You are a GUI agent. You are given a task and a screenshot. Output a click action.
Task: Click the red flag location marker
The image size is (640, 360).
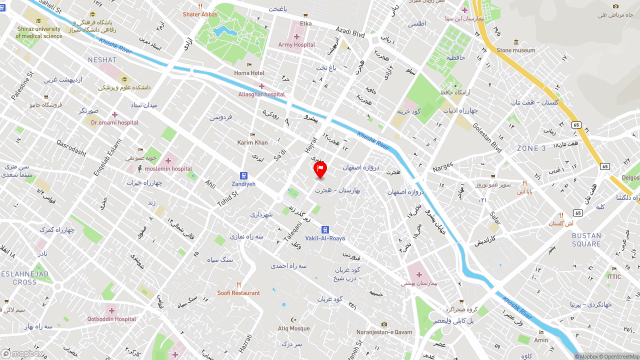320,169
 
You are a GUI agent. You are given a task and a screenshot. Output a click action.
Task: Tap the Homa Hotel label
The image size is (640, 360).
249,73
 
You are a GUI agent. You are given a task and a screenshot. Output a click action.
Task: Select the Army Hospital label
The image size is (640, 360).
296,44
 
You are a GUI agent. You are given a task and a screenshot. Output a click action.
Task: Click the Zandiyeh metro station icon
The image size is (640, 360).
243,175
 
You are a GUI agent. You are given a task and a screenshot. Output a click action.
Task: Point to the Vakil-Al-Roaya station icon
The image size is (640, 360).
325,229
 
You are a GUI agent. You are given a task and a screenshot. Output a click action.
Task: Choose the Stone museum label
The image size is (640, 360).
515,50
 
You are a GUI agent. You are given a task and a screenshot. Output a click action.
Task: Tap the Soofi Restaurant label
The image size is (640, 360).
238,292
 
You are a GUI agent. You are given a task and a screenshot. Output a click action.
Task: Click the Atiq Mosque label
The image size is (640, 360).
293,328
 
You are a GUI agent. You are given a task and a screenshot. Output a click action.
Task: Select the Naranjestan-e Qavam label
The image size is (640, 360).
384,332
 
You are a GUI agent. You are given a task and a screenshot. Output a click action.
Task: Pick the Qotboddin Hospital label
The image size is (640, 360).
111,319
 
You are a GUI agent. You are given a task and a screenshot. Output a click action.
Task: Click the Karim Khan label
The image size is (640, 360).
252,142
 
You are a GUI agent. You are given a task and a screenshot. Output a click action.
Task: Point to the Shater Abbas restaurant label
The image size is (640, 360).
200,14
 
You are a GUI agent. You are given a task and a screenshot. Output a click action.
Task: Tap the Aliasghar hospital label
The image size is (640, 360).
261,94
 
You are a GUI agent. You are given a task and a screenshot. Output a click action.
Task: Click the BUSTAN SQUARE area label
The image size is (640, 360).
586,240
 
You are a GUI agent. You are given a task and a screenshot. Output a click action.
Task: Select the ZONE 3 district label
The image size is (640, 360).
531,148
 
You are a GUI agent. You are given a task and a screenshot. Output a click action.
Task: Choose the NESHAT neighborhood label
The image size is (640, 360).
102,60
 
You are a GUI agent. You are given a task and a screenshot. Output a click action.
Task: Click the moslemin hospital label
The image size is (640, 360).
168,168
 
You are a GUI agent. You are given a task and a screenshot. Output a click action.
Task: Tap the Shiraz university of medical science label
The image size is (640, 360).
39,32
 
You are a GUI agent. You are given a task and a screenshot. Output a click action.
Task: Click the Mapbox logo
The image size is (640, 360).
22,353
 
